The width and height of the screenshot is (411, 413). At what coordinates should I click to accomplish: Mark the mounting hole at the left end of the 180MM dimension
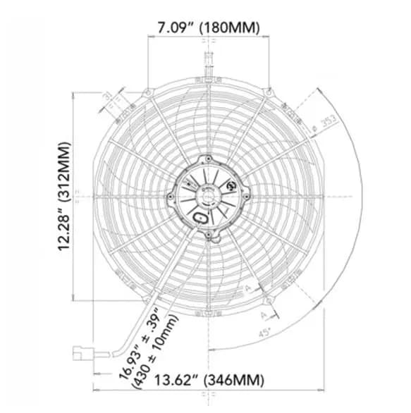[147, 92]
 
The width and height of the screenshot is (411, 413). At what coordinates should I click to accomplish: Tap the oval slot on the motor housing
[202, 218]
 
